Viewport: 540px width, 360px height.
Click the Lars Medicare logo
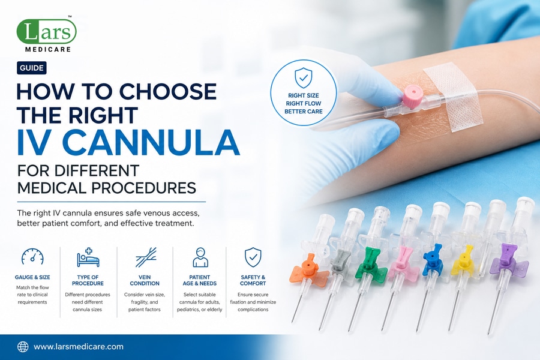click(x=46, y=34)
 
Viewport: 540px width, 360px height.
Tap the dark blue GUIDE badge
click(x=32, y=68)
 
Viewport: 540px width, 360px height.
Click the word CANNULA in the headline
click(x=151, y=142)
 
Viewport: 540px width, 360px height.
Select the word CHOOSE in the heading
click(x=168, y=91)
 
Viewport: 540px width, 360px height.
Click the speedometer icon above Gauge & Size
click(x=32, y=257)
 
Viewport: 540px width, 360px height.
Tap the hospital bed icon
click(x=88, y=257)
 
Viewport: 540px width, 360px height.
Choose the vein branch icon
click(x=146, y=257)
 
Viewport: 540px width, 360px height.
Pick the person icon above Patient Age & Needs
click(x=200, y=257)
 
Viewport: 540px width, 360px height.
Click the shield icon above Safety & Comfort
click(x=253, y=257)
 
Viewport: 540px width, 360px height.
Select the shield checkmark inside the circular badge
click(x=304, y=77)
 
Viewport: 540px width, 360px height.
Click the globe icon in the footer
click(x=23, y=347)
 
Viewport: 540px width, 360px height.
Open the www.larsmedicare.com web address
click(x=79, y=347)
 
